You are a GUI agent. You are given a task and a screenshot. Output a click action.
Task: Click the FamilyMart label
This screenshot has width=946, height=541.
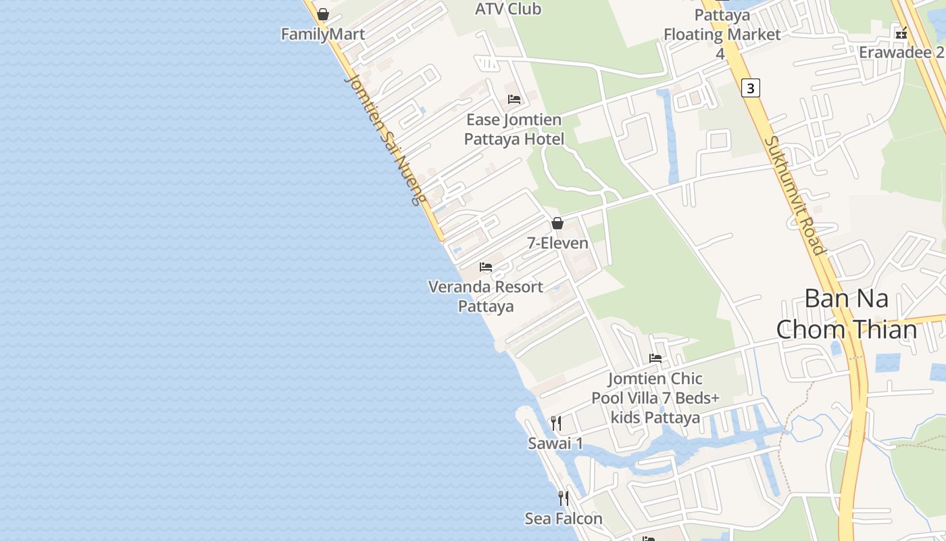pos(323,34)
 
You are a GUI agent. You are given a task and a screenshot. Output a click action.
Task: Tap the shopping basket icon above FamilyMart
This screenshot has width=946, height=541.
pos(323,14)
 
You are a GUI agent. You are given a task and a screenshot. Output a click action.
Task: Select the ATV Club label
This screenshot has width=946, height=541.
pos(508,9)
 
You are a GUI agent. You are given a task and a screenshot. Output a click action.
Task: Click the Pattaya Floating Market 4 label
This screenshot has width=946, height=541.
pos(722,34)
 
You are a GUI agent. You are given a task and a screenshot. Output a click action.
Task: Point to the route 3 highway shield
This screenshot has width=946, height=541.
pos(750,88)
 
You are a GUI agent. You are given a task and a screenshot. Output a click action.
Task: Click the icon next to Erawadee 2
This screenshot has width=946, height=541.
pos(901,32)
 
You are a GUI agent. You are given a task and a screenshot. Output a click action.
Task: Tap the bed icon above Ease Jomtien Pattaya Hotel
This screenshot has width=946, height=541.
pos(514,99)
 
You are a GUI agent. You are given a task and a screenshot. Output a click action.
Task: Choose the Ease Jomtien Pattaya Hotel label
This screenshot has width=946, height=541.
pos(514,130)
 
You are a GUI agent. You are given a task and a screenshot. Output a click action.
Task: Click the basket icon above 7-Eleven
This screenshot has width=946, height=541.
pos(557,223)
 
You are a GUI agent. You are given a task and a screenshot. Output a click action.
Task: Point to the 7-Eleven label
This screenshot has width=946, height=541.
pos(557,243)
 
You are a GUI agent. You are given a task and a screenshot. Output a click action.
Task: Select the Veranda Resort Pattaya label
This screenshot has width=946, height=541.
pos(486,296)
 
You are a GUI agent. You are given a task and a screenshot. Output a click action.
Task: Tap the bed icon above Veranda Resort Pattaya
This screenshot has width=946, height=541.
pos(486,267)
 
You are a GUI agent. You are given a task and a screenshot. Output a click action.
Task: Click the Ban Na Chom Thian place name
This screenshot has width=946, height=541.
pos(846,314)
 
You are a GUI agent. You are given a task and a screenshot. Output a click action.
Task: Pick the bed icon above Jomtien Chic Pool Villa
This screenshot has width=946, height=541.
pos(655,358)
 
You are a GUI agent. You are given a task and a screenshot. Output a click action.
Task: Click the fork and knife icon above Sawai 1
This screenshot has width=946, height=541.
pos(556,423)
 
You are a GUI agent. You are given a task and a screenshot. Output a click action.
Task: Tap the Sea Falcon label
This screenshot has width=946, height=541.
pos(564,519)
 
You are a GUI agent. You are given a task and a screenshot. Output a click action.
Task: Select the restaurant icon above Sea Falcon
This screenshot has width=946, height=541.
pos(564,498)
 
